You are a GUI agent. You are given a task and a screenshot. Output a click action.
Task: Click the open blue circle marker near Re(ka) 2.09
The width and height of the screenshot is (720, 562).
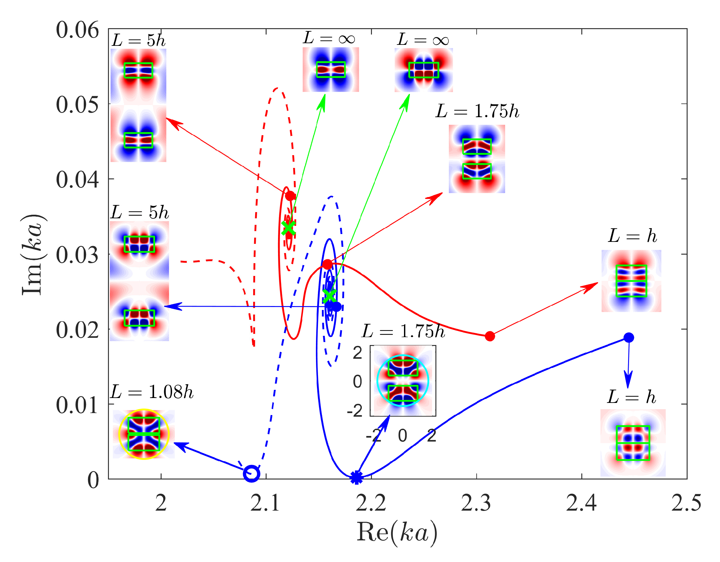click(x=252, y=474)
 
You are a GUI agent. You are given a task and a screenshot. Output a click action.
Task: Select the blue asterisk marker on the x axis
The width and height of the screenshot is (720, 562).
click(x=356, y=477)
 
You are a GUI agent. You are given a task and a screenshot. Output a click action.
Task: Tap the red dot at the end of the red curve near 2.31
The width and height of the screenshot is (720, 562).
click(x=490, y=336)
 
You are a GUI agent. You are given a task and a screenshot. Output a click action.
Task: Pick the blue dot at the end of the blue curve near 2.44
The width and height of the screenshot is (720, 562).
click(x=629, y=337)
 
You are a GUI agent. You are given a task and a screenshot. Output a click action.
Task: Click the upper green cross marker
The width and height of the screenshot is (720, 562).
click(x=288, y=228)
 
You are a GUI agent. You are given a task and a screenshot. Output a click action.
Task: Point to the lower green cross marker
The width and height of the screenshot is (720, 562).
click(x=329, y=296)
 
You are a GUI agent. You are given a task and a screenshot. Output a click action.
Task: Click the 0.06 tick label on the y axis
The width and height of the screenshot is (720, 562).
click(x=77, y=30)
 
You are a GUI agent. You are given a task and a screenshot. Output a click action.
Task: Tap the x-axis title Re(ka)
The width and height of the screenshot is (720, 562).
click(x=397, y=532)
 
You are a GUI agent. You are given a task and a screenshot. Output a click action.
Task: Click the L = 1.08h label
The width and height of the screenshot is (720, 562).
click(x=152, y=392)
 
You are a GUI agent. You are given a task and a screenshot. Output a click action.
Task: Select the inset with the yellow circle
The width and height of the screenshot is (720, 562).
click(x=144, y=434)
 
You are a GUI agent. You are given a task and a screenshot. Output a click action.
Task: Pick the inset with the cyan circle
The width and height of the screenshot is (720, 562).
click(x=403, y=381)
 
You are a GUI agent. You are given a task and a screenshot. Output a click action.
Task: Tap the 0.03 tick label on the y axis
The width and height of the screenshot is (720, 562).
click(x=77, y=255)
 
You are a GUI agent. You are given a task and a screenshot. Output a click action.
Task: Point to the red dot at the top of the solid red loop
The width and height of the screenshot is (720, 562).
click(x=290, y=196)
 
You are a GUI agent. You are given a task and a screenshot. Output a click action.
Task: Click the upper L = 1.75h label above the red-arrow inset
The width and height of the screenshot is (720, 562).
click(x=477, y=111)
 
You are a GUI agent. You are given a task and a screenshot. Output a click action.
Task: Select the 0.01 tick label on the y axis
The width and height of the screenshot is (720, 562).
click(x=77, y=405)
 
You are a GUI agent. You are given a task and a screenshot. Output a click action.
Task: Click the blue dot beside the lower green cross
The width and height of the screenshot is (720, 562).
click(x=336, y=307)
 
